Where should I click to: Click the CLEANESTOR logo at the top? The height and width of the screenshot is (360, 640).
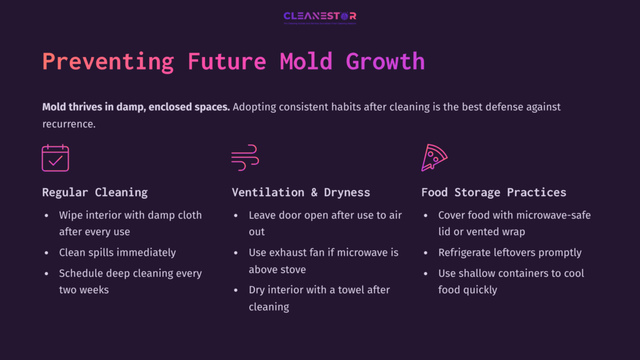(x=319, y=17)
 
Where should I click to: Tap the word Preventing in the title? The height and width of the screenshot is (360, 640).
(x=108, y=62)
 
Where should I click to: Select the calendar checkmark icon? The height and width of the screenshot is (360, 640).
(x=55, y=158)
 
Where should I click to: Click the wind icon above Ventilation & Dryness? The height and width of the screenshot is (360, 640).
(x=245, y=158)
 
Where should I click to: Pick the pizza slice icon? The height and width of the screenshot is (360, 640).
(x=434, y=157)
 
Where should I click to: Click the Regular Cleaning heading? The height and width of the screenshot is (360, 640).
(x=95, y=192)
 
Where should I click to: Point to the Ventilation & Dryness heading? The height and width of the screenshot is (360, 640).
(x=301, y=192)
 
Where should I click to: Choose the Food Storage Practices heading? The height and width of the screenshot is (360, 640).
(x=493, y=192)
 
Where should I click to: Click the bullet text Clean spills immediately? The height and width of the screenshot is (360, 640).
(x=117, y=252)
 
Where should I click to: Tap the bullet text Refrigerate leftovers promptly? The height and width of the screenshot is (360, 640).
(x=509, y=252)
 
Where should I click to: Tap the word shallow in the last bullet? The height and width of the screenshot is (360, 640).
(x=480, y=273)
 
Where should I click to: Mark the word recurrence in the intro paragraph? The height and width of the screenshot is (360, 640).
(x=68, y=124)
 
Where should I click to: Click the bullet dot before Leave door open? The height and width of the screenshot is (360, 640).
(x=235, y=215)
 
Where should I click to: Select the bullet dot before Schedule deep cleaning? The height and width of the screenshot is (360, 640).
(x=46, y=273)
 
